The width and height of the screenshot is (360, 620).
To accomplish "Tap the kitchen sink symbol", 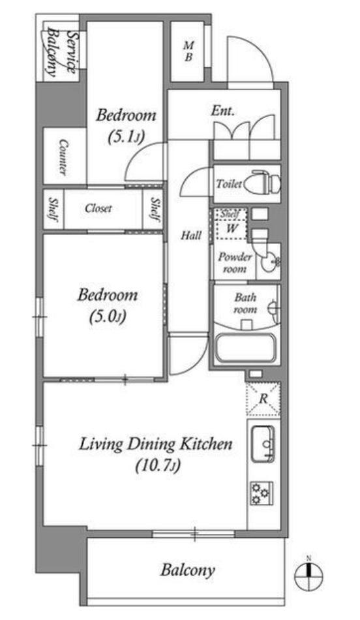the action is click(263, 444).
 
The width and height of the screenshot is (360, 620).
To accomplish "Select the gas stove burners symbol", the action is click(262, 493).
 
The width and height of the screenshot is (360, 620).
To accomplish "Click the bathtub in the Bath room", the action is click(245, 348).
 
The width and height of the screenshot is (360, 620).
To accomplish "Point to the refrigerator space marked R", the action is click(263, 399).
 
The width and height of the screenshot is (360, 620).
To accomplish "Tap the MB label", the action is click(188, 52).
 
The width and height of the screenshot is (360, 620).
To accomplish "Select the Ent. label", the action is click(222, 111).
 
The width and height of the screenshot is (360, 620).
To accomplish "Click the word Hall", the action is click(191, 236).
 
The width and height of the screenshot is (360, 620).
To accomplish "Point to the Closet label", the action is click(98, 208).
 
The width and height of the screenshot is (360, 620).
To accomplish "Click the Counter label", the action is click(63, 157).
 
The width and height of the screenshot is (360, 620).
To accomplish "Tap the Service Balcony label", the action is click(61, 51).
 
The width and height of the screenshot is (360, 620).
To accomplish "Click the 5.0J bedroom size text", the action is click(108, 317).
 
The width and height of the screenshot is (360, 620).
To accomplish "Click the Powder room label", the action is click(235, 263).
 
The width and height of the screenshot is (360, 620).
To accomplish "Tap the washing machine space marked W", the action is click(232, 228).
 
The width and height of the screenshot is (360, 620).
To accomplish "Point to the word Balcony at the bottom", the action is click(188, 570).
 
